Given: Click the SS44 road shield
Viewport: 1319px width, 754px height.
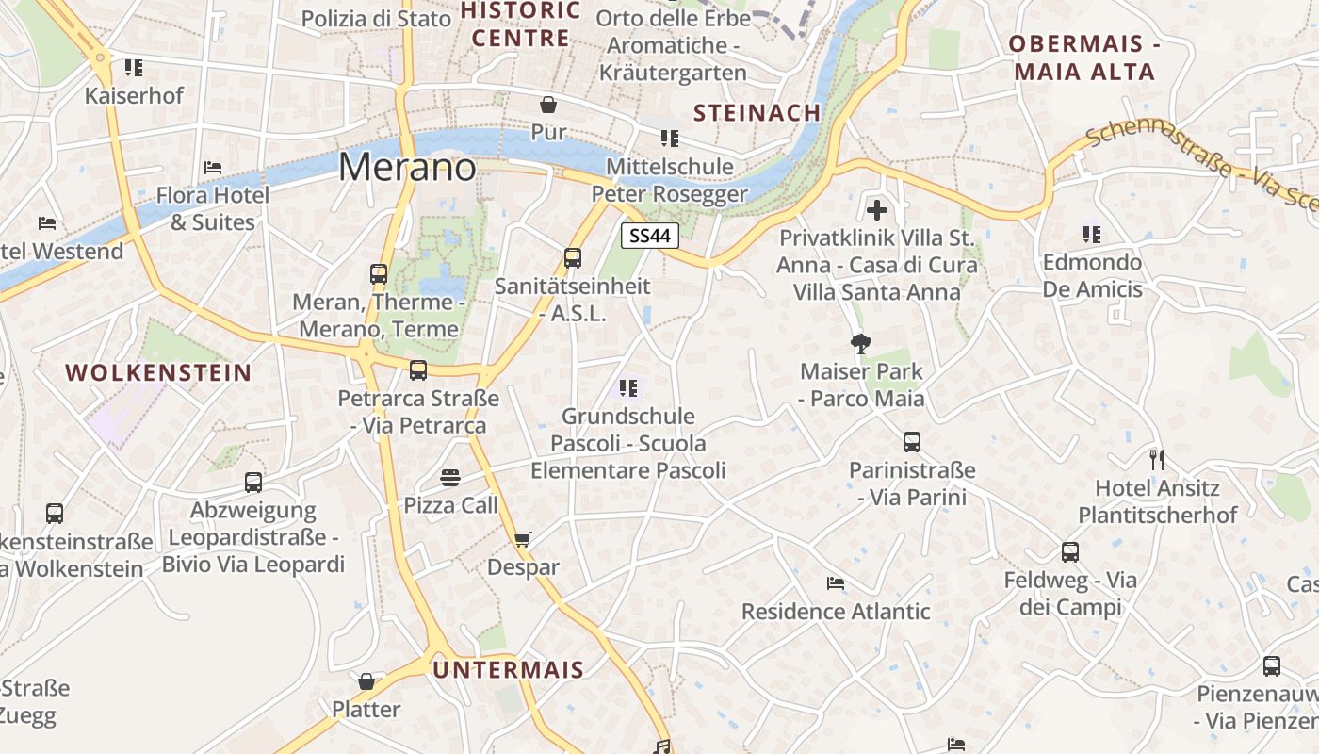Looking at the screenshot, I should pyautogui.click(x=650, y=236).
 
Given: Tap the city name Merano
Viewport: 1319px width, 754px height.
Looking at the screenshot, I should pyautogui.click(x=407, y=167).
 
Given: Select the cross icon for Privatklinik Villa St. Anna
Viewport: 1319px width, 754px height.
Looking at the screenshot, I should pyautogui.click(x=877, y=210).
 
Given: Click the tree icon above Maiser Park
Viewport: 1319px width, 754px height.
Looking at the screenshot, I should pyautogui.click(x=860, y=343).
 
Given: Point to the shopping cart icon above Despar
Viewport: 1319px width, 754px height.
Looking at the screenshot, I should pyautogui.click(x=523, y=540).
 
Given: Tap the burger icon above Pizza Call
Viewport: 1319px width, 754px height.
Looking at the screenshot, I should pyautogui.click(x=450, y=478).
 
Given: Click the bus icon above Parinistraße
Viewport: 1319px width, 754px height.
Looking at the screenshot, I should pyautogui.click(x=911, y=442).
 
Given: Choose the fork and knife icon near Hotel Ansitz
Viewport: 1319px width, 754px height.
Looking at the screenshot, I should pyautogui.click(x=1157, y=460).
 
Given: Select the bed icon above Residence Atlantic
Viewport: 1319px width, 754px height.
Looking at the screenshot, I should pyautogui.click(x=835, y=583).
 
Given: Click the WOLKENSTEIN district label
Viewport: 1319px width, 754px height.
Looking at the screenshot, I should pyautogui.click(x=158, y=372).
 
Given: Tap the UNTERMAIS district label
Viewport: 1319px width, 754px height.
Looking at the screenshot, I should pyautogui.click(x=509, y=670).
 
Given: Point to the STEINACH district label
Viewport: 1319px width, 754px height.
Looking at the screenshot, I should pyautogui.click(x=757, y=113).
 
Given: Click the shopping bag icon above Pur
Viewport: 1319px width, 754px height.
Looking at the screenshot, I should pyautogui.click(x=548, y=104).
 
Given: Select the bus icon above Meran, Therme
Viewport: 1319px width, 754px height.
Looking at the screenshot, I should pyautogui.click(x=379, y=274).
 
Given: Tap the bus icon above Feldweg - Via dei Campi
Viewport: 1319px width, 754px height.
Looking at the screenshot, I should pyautogui.click(x=1070, y=552).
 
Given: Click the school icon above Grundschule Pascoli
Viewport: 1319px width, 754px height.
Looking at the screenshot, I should pyautogui.click(x=628, y=387).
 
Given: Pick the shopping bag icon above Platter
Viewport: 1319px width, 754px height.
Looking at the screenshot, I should pyautogui.click(x=366, y=681).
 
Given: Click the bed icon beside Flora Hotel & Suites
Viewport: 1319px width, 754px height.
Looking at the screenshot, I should pyautogui.click(x=213, y=168).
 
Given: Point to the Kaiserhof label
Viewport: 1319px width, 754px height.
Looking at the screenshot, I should pyautogui.click(x=134, y=95).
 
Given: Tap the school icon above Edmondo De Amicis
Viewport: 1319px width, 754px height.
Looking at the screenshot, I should pyautogui.click(x=1092, y=234).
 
